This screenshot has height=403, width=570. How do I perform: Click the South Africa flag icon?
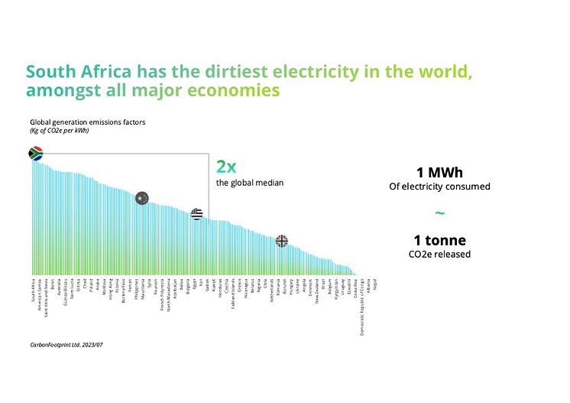point(35,153)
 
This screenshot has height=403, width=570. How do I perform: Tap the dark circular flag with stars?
point(141,198)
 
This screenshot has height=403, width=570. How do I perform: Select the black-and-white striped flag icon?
point(196,213)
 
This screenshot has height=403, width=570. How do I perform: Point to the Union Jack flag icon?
point(282,241)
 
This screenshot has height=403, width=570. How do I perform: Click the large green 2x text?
point(226,167)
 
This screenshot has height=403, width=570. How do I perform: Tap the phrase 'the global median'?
point(250,183)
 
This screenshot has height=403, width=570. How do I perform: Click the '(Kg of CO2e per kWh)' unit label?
point(60,131)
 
